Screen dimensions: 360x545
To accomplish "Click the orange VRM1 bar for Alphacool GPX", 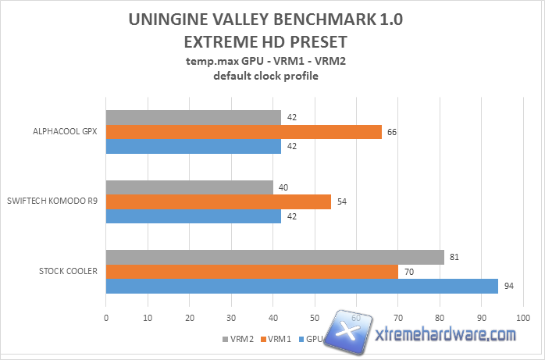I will pyautogui.click(x=244, y=132).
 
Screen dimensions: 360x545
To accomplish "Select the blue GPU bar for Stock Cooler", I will pyautogui.click(x=301, y=287).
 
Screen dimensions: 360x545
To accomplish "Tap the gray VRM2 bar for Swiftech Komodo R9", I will pyautogui.click(x=189, y=187).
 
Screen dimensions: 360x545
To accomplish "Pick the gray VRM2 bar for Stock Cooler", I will pyautogui.click(x=275, y=257).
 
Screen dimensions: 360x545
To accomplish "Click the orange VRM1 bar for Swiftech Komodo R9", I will pyautogui.click(x=218, y=202).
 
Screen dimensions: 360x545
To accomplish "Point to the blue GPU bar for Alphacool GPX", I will pyautogui.click(x=193, y=147).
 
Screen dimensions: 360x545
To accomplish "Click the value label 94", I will pyautogui.click(x=508, y=287).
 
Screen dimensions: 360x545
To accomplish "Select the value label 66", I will pyautogui.click(x=392, y=132).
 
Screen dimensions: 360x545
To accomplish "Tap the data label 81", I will pyautogui.click(x=454, y=257).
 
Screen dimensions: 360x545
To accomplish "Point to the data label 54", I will pyautogui.click(x=341, y=202).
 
